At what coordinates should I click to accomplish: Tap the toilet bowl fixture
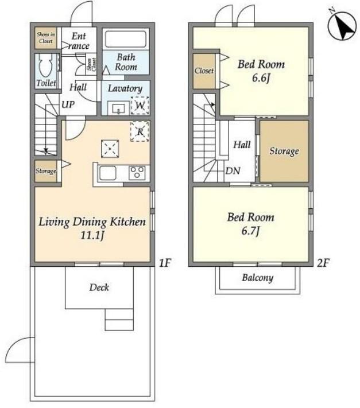click(x=46, y=65)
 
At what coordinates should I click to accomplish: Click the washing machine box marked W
click(x=140, y=106)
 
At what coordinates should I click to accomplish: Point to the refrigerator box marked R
click(x=140, y=131)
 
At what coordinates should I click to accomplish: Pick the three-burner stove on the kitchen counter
click(x=137, y=173)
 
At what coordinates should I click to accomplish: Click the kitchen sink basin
click(x=108, y=173)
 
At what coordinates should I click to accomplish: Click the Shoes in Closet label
click(x=46, y=38)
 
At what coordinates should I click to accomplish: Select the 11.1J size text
click(x=92, y=235)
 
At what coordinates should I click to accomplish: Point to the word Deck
click(x=99, y=287)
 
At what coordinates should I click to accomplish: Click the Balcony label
click(x=257, y=278)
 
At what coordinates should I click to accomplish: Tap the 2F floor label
click(x=323, y=263)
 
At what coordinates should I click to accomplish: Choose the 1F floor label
click(x=165, y=263)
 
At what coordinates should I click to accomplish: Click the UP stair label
click(x=68, y=104)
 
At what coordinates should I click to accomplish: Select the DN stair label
click(x=233, y=170)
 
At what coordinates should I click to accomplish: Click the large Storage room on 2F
click(x=284, y=151)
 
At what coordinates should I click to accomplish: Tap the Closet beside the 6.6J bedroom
click(x=204, y=71)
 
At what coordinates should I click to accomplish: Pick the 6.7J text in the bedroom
click(x=250, y=231)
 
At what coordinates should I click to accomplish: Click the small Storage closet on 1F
click(x=46, y=171)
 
